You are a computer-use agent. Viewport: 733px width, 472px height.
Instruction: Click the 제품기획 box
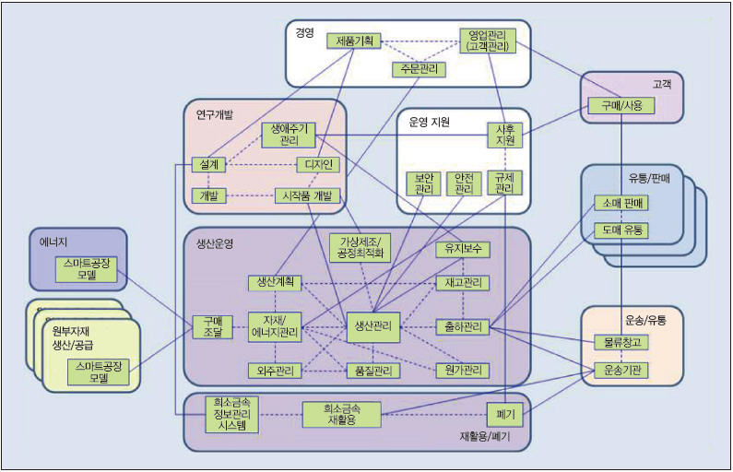pyautogui.click(x=354, y=41)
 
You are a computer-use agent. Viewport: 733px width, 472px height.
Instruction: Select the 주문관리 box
pyautogui.click(x=419, y=69)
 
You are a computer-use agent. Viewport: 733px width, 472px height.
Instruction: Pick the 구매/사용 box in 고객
pyautogui.click(x=621, y=106)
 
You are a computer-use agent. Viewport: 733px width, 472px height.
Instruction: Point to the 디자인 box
pyautogui.click(x=319, y=165)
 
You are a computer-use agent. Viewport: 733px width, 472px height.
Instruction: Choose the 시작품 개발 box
pyautogui.click(x=309, y=195)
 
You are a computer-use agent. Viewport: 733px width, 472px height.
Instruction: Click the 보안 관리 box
pyautogui.click(x=423, y=183)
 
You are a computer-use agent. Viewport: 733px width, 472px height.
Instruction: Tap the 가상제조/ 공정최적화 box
pyautogui.click(x=361, y=247)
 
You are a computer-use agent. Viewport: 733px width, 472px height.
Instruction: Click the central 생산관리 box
pyautogui.click(x=373, y=324)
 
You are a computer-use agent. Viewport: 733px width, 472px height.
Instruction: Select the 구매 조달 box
pyautogui.click(x=212, y=326)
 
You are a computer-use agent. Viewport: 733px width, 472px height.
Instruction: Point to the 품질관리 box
pyautogui.click(x=372, y=371)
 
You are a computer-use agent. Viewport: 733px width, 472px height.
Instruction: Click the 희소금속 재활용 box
pyautogui.click(x=341, y=415)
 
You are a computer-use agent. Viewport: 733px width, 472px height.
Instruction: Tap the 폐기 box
pyautogui.click(x=505, y=415)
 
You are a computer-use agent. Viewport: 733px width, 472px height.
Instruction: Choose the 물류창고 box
pyautogui.click(x=621, y=342)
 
